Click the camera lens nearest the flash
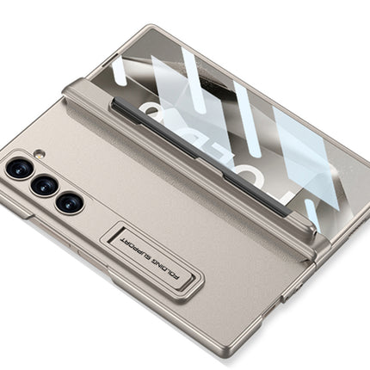pyautogui.click(x=18, y=168)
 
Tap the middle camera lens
pyautogui.click(x=44, y=186)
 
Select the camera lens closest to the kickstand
pyautogui.click(x=70, y=203)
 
